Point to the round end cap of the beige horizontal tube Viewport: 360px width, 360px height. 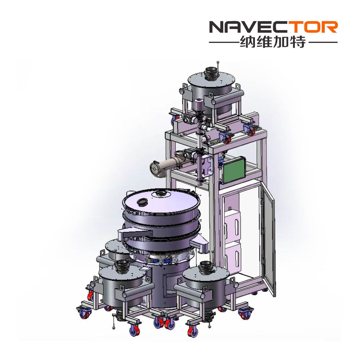pyautogui.click(x=155, y=169)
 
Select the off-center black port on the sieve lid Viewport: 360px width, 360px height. pyautogui.click(x=142, y=202)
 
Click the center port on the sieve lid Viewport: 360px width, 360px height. pyautogui.click(x=160, y=194)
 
